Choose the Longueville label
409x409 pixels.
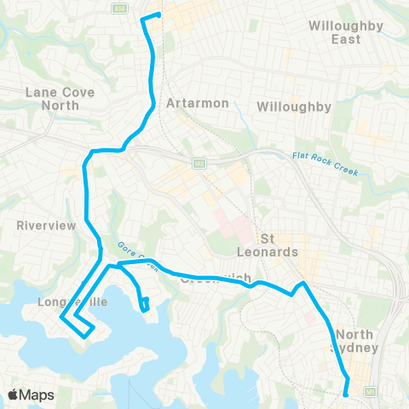[x=65, y=301]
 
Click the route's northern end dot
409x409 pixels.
[x=158, y=14]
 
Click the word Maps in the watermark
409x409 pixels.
[x=39, y=395]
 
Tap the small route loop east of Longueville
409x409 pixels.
[x=145, y=303]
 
